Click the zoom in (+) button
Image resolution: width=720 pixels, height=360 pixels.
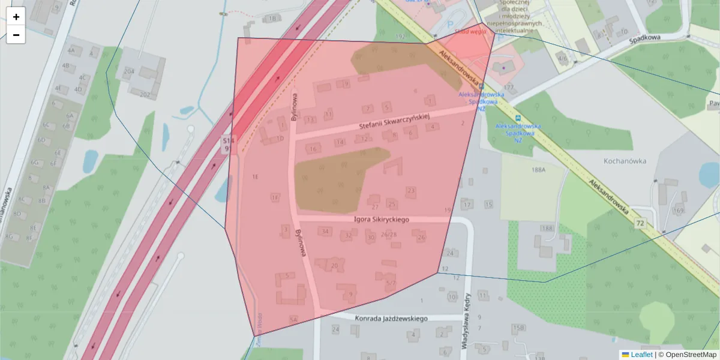click(16, 17)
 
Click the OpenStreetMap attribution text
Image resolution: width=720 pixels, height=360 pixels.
click(691, 355)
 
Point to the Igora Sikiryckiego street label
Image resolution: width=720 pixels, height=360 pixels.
click(382, 220)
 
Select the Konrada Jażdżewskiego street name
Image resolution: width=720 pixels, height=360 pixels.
click(391, 319)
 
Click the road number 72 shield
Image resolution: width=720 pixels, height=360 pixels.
click(641, 223)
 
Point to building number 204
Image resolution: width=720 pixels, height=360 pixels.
click(128, 71)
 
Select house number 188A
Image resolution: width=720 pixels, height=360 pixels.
click(538, 170)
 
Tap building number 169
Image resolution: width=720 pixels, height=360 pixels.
click(679, 211)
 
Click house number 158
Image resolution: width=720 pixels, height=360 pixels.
click(518, 328)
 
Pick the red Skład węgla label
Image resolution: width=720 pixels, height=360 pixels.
click(470, 31)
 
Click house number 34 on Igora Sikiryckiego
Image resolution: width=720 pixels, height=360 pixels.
click(326, 231)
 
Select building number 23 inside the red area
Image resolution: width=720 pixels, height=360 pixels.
click(411, 191)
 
